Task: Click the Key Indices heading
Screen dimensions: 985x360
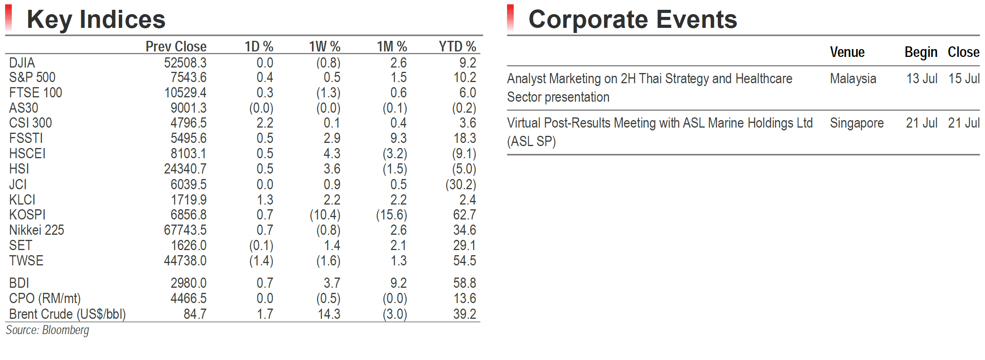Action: click(96, 20)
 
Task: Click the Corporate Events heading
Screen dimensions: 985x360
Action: click(633, 20)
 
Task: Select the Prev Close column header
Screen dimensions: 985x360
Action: click(176, 47)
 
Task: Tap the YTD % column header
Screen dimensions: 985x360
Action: click(457, 47)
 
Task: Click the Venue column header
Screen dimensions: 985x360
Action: click(847, 52)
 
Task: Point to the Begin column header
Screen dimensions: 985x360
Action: click(921, 52)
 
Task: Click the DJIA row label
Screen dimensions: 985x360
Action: click(22, 63)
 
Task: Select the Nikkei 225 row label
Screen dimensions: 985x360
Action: click(36, 230)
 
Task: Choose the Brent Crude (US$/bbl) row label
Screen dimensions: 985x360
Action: click(67, 314)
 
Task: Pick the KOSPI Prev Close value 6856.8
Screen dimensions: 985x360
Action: click(188, 215)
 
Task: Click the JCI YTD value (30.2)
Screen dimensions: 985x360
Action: click(460, 185)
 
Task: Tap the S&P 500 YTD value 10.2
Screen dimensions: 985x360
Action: click(465, 77)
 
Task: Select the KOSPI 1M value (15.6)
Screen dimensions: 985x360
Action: click(391, 215)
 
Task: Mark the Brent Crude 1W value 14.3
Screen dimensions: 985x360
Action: click(329, 314)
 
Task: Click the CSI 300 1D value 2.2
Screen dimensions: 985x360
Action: click(265, 123)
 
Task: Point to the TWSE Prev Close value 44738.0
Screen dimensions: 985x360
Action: click(185, 261)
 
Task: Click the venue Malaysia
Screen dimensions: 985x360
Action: click(853, 79)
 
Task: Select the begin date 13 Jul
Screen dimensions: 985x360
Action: click(921, 79)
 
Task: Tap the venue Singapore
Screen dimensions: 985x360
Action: click(857, 123)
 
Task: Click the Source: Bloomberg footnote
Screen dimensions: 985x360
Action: click(47, 330)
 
